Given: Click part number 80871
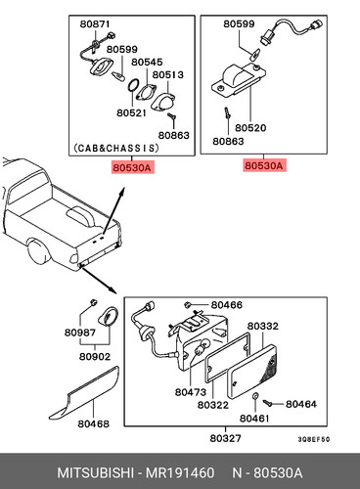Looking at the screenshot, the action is coord(95,24).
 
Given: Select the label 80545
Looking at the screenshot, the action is coord(147,62).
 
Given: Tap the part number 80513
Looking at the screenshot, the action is coord(168,74).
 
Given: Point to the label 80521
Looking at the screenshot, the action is coord(131,112).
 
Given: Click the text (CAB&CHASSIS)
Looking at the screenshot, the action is coord(116,148).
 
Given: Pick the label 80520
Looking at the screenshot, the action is coord(250,128).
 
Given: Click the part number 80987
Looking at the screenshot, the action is coord(80,333).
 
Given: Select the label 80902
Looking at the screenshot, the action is coord(95,356).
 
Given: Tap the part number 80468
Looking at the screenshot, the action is coord(94,423).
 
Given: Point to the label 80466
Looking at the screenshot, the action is coord(227,305).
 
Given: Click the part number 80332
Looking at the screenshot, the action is coord(263,326).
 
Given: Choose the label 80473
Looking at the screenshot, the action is coord(191,392).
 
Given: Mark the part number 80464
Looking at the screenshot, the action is coord(301,404).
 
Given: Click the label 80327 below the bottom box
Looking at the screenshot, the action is coord(225,438).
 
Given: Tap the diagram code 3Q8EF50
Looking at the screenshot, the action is coord(314,439).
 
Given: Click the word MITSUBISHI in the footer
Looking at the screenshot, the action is coord(95,472).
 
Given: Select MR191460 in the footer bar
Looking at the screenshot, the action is coord(180,472).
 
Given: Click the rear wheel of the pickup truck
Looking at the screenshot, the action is coord(39,252).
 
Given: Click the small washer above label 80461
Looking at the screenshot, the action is coord(255,396).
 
